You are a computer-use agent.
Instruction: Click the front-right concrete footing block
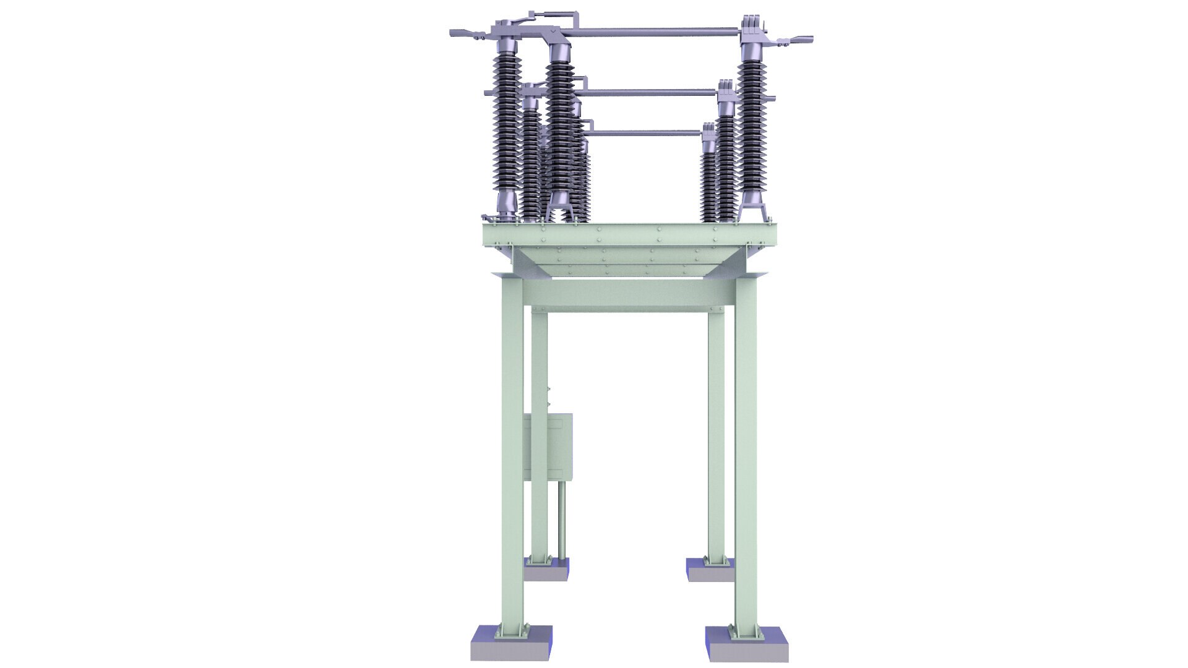point(748,649)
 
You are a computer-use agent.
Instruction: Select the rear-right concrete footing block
point(710,572)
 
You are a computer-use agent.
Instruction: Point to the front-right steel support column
point(746,458)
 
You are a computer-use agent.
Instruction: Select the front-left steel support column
point(512,458)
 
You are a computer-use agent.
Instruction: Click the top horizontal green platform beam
point(630,234)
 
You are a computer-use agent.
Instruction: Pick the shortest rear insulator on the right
point(708,176)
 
